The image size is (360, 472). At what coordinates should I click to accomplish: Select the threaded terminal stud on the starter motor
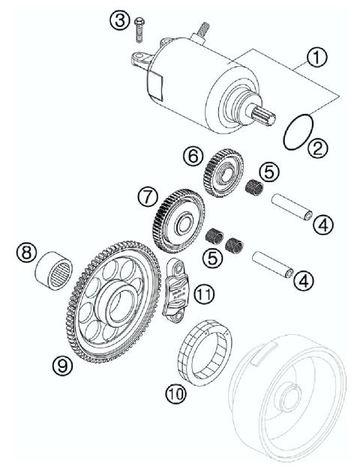click(x=202, y=30)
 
